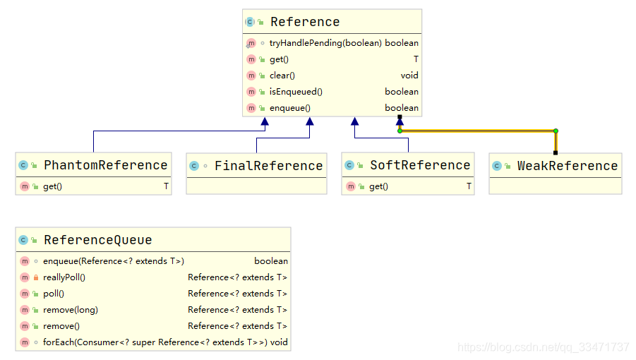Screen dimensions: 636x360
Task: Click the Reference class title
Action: tap(305, 21)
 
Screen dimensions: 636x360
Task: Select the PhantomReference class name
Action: tap(105, 165)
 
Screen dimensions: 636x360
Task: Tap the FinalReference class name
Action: tap(268, 165)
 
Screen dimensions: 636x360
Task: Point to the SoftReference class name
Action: tap(420, 165)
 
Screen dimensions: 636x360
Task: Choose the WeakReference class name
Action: tap(568, 165)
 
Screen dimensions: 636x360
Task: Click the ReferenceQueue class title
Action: tap(97, 240)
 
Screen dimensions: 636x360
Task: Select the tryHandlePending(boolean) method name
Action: tap(325, 43)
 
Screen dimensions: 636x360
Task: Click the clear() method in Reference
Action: tap(282, 76)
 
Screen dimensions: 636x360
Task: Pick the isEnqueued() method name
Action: tap(296, 92)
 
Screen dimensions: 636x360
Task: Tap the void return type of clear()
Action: tap(409, 76)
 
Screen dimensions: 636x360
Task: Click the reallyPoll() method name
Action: tap(64, 277)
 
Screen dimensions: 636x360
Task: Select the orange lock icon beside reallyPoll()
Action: tap(36, 277)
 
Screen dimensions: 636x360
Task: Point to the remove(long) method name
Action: tap(71, 310)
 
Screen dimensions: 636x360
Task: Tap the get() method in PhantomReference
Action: tap(52, 186)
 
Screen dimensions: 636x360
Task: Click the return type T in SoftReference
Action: tap(469, 186)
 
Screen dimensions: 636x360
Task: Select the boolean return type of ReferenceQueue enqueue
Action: tap(271, 261)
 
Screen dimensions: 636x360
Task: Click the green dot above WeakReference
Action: tap(556, 131)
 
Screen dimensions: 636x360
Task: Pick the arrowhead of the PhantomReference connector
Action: tap(265, 121)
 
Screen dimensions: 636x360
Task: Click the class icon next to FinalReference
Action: tap(194, 166)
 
